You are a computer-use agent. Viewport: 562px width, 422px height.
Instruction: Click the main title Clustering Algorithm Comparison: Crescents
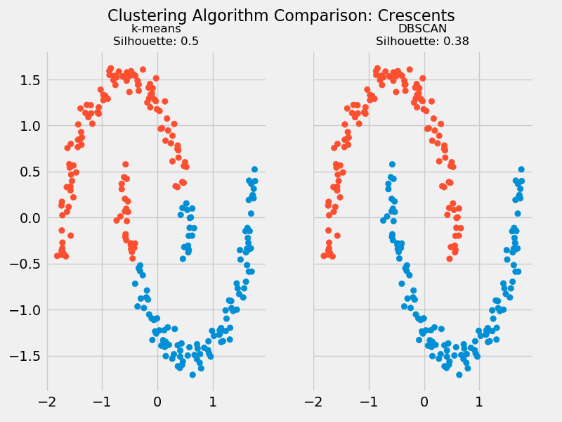281,15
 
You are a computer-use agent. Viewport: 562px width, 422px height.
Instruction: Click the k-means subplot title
156,29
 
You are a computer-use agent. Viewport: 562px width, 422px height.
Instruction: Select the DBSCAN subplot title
422,29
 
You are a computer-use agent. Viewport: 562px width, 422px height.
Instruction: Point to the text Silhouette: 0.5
156,41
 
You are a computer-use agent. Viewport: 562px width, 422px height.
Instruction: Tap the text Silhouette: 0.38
422,41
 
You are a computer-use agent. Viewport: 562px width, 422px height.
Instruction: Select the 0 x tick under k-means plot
157,402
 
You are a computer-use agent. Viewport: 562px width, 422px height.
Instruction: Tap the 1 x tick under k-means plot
212,402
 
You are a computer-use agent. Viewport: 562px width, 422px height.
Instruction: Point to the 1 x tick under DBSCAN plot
479,402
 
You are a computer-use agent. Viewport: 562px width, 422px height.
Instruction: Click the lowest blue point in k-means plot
192,374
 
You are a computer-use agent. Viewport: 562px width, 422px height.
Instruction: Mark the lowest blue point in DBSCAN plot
459,374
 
